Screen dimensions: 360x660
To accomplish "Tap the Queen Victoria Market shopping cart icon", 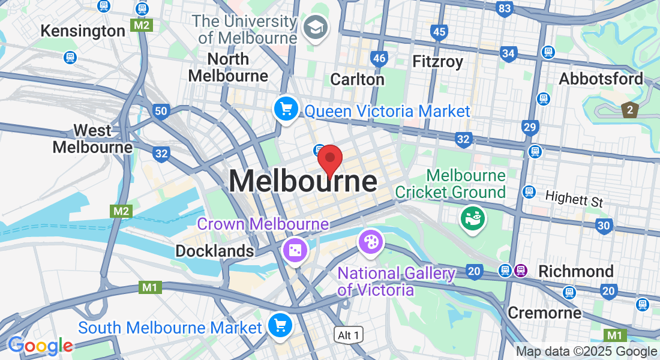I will [x=286, y=109].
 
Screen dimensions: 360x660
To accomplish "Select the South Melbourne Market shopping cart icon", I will [x=280, y=325].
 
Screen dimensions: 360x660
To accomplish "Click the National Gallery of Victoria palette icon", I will [x=370, y=242].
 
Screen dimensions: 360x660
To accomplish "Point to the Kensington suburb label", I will [x=83, y=31].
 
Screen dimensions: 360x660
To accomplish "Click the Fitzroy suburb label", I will [x=438, y=61].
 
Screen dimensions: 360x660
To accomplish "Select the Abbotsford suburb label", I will [x=601, y=79].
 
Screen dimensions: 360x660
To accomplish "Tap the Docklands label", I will [x=215, y=251].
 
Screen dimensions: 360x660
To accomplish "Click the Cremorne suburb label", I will [x=544, y=313].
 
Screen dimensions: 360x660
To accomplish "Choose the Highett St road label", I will [x=574, y=199].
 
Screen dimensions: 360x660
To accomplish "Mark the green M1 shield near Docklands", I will [x=150, y=288].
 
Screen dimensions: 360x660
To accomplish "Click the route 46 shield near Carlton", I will [x=379, y=58].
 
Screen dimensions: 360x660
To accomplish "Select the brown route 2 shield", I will [x=629, y=110].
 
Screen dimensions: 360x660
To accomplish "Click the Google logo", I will [x=40, y=346].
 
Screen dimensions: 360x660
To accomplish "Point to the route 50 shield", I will [x=160, y=110].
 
